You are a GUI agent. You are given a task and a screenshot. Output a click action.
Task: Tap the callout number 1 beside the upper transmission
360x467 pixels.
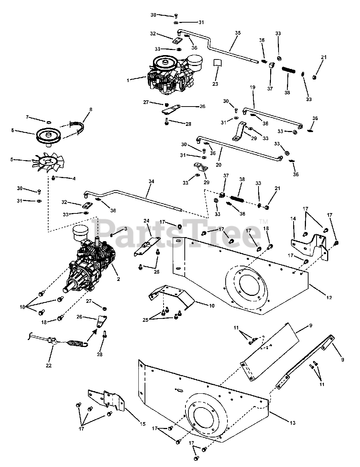128,80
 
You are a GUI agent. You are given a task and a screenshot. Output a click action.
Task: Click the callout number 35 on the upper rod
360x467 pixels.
238,33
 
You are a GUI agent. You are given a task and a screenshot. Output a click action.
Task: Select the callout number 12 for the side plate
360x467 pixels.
329,298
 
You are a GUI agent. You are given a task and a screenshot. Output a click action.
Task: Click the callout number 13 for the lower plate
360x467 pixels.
292,423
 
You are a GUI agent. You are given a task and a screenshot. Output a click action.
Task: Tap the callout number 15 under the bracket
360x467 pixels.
143,424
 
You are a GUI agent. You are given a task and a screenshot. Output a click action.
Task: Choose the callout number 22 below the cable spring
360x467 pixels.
49,365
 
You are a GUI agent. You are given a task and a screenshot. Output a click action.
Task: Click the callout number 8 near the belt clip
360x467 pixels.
91,109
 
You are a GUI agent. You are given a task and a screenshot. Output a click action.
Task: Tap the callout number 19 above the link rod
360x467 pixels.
252,88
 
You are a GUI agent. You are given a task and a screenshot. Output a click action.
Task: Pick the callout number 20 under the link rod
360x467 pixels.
219,165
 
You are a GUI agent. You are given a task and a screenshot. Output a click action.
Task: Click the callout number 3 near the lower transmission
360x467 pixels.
126,229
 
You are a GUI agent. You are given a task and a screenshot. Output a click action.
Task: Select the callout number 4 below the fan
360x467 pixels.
74,178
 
